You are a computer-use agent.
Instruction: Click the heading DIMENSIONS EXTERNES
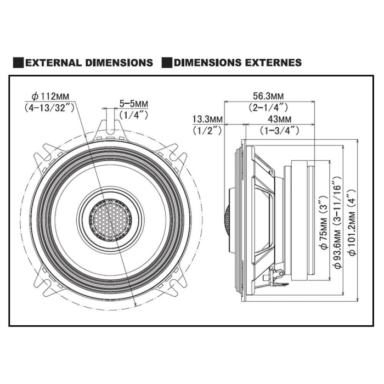[x=237, y=63]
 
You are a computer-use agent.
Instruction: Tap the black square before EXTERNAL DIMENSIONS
[x=18, y=63]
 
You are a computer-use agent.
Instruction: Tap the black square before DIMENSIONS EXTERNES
[x=167, y=63]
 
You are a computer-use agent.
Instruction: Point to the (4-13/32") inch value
[x=50, y=108]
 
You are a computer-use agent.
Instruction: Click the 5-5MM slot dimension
[x=134, y=103]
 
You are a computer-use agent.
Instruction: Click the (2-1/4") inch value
[x=268, y=108]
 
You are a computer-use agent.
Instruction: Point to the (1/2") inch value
[x=207, y=131]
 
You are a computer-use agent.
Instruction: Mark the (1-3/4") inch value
[x=279, y=131]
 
